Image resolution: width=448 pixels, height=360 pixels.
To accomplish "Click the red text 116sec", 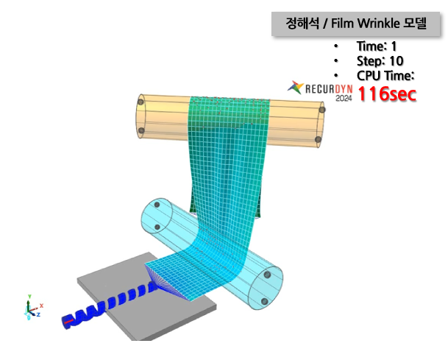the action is coord(387,94).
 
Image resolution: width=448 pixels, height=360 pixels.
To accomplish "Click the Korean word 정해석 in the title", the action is coord(302,23).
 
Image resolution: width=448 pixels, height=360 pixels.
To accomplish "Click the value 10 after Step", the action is coord(397,61).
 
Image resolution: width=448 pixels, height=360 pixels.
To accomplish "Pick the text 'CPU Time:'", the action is coord(385,76).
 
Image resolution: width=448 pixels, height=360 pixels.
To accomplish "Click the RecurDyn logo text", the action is coord(329,89).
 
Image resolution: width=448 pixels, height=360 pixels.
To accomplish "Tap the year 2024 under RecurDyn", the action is coord(344,98).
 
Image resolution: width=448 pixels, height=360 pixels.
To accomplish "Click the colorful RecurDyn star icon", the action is coord(296,88).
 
